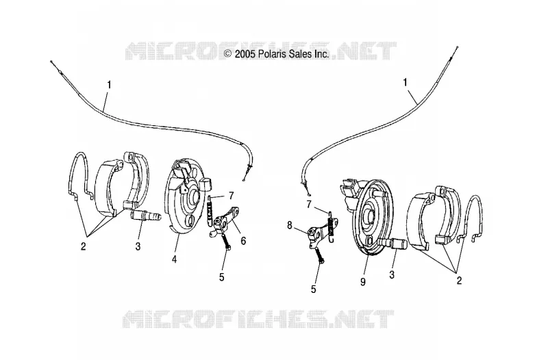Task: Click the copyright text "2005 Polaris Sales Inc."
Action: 282,54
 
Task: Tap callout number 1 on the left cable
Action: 110,85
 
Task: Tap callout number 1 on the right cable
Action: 406,83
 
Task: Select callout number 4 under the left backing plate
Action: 174,259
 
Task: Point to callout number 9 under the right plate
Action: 363,281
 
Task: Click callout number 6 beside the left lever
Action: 243,241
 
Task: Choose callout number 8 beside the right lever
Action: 289,226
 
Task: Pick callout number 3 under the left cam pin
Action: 138,246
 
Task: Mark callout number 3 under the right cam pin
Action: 392,275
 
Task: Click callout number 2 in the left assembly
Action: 83,246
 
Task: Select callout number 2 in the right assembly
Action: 459,280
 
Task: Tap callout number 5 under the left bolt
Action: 221,277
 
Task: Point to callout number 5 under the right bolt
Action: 314,289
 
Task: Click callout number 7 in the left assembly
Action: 231,196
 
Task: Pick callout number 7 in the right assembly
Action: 309,205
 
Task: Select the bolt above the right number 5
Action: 320,255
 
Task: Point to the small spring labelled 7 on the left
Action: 210,211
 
